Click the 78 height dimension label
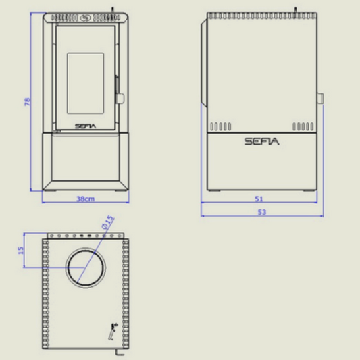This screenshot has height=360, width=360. pos(27,102)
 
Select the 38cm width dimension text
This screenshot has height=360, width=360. pos(85,199)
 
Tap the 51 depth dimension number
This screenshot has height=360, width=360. pos(259,199)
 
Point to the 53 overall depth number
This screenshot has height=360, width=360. pos(262,212)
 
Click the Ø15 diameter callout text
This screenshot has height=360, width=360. pos(107,222)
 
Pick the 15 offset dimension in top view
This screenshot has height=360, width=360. pos(21,251)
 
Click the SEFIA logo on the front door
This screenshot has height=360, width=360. pos(85,126)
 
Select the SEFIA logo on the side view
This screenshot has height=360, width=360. pos(262,141)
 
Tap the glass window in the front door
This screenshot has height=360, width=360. pos(85,83)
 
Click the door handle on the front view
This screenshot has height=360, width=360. pos(120,97)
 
